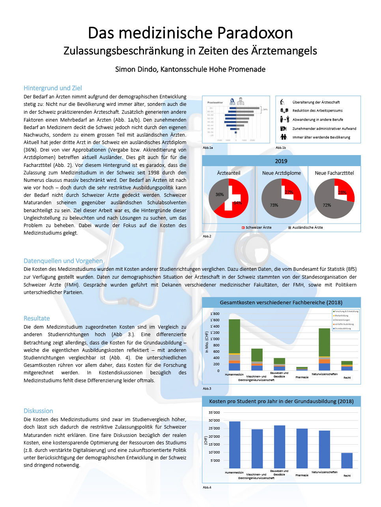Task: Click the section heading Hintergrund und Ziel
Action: coord(53,88)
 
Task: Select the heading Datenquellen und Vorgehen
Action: coord(63,261)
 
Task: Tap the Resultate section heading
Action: coord(37,318)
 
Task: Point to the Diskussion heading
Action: coord(38,411)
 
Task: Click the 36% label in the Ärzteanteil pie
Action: coord(220,194)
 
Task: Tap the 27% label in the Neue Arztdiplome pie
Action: coord(289,192)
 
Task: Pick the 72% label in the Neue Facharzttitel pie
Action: coord(327,205)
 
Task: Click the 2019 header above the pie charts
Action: coord(281,161)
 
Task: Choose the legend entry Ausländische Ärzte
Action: coord(307,228)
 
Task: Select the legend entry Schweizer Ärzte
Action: coord(258,228)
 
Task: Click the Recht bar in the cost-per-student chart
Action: coord(347,461)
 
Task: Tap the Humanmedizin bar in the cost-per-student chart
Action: coord(235,445)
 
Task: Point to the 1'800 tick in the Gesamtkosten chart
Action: coord(215,314)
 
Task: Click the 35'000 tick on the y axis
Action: coord(214,413)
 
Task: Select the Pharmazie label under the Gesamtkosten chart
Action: coord(302,377)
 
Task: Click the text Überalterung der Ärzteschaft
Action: coord(316,102)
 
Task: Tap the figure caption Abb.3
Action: coord(207,389)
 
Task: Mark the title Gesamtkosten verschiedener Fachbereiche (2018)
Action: coord(281,303)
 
